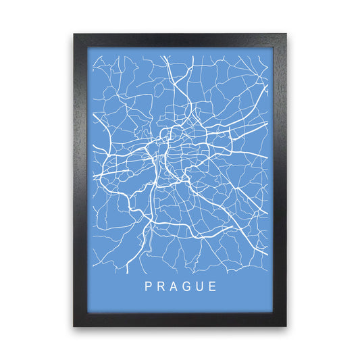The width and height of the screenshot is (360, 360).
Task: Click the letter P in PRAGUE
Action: [x=148, y=286]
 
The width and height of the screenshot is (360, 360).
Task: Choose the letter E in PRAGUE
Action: [x=213, y=286]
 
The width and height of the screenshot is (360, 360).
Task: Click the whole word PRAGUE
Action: [x=180, y=286]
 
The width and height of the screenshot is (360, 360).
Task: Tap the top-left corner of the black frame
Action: [x=74, y=34]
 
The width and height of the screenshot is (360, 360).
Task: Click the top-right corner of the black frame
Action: [x=286, y=34]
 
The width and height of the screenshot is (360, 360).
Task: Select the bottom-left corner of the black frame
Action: [x=74, y=326]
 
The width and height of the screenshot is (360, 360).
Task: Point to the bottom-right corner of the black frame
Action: [x=286, y=326]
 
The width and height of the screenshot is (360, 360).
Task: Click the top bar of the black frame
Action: [x=180, y=41]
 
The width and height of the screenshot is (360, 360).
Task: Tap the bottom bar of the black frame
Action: [x=180, y=319]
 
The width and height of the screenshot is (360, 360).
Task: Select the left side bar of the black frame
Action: [x=80, y=180]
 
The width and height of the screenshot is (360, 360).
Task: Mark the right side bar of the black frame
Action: [x=280, y=180]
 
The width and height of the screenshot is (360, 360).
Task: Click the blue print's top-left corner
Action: [x=88, y=48]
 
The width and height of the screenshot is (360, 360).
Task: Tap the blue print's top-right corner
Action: [x=272, y=48]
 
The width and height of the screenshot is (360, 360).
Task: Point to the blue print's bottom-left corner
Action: [x=88, y=312]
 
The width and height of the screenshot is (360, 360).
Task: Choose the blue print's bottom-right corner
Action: [x=272, y=312]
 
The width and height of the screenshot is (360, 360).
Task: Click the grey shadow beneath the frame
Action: [x=180, y=330]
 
